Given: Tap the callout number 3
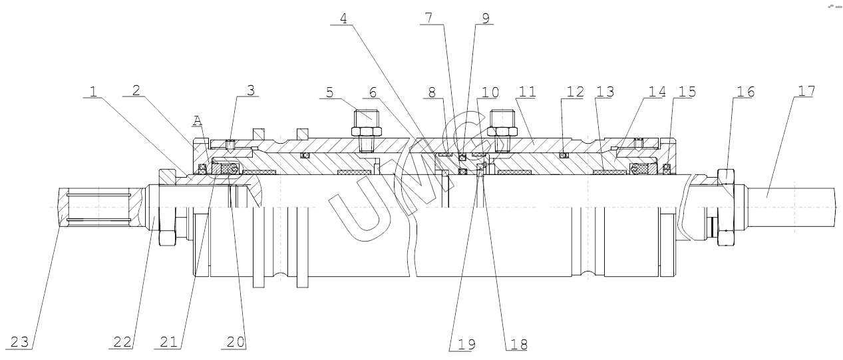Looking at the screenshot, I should point(250,90).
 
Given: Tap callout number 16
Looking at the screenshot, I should point(745,92).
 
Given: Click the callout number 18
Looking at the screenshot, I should point(517,345).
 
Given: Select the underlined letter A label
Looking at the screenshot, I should point(197,120).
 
